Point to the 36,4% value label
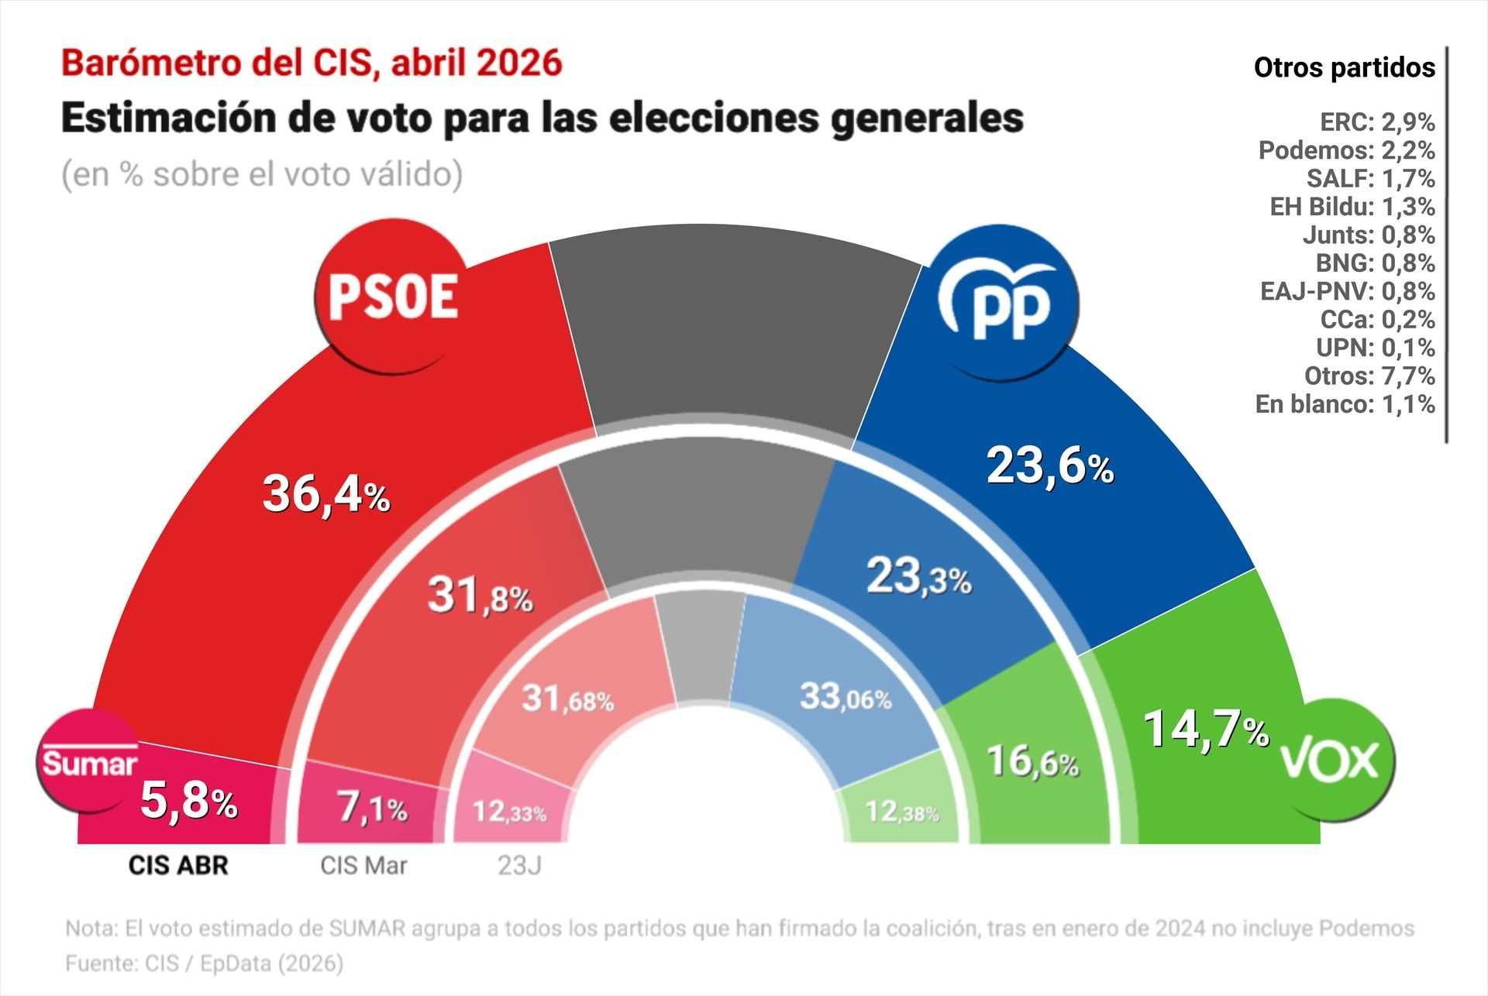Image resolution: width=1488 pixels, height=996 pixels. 325,494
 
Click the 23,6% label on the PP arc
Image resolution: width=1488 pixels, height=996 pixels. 1049,467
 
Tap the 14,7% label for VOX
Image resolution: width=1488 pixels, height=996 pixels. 1206,730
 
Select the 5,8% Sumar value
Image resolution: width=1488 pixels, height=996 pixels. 188,801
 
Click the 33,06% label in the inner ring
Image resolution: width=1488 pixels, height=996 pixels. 846,697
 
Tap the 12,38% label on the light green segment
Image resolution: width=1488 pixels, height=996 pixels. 901,812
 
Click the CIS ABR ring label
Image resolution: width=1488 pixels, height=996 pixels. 178,865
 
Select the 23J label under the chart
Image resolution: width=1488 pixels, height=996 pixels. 519,865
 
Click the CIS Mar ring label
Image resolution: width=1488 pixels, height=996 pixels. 363,865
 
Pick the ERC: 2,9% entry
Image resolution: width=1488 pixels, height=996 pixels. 1376,122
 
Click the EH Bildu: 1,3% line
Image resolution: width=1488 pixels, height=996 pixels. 1352,207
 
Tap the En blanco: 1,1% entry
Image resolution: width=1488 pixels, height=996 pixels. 1345,404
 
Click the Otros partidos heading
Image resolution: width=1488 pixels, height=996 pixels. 1344,68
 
